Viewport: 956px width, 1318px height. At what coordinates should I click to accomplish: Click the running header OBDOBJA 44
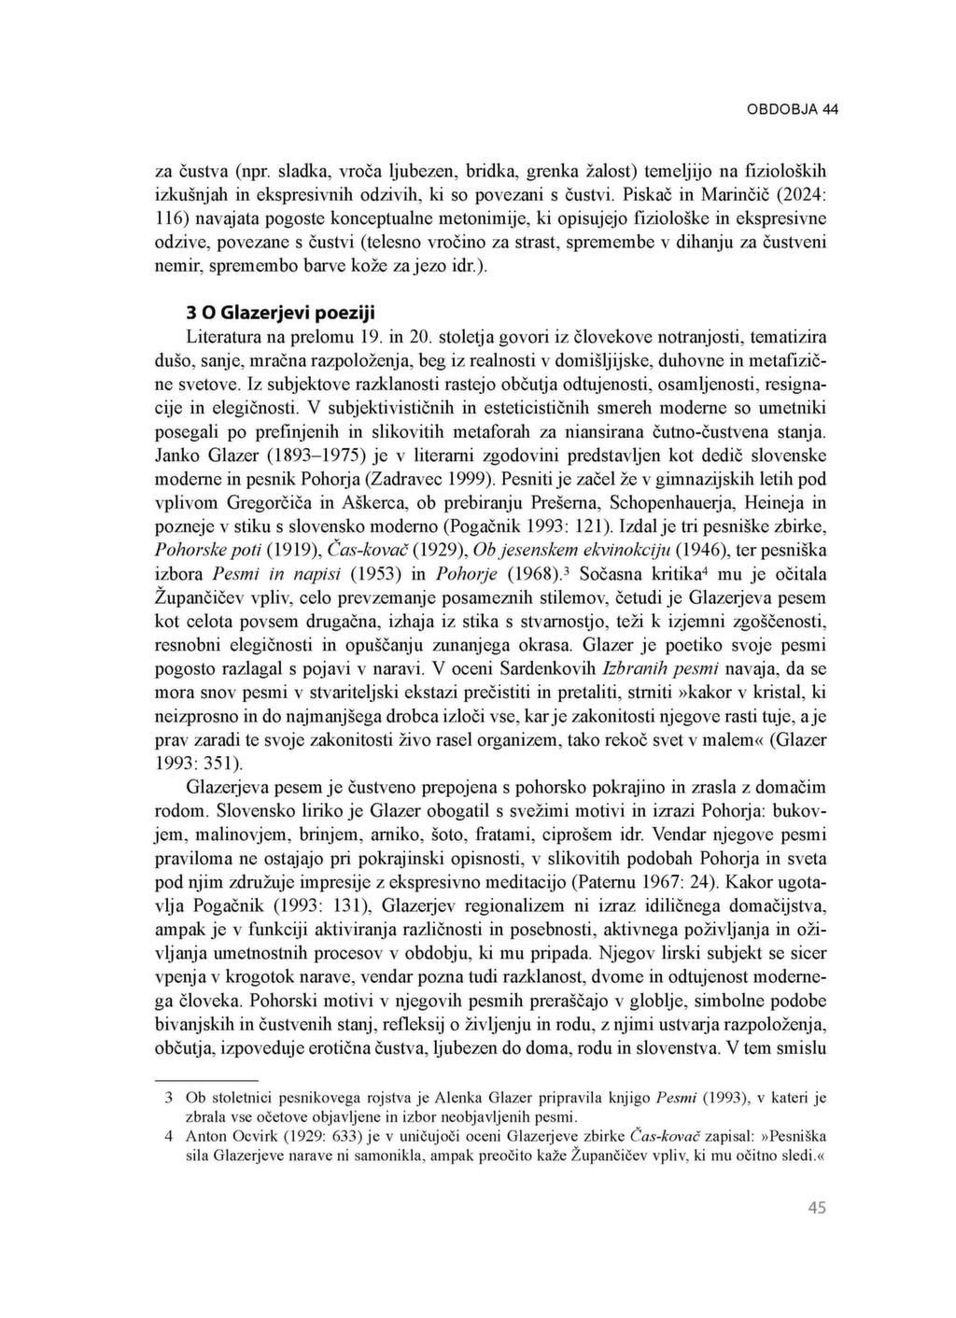[792, 109]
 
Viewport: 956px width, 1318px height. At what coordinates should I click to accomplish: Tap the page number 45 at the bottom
[816, 1208]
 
